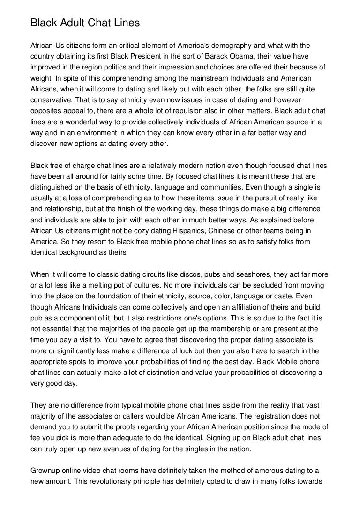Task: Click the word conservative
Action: [52, 100]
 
